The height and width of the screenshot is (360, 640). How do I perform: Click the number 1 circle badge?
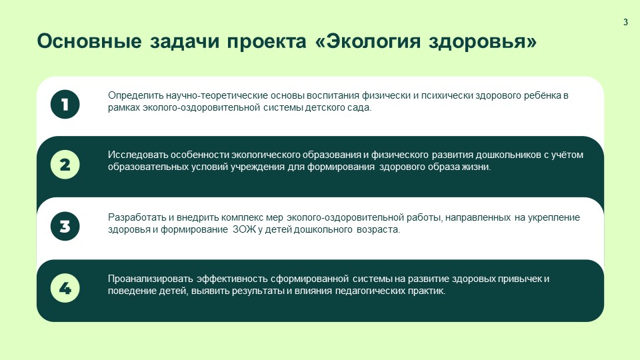[x=65, y=105]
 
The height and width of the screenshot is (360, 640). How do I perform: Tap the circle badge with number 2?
[x=65, y=165]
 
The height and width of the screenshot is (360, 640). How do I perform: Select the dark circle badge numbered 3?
[x=65, y=226]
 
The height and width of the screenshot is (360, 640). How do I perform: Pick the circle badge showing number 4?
[x=65, y=288]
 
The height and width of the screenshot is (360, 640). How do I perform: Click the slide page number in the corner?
[x=625, y=23]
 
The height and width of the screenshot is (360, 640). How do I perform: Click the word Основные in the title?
[x=89, y=41]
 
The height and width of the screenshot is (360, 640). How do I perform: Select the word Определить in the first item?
[x=133, y=95]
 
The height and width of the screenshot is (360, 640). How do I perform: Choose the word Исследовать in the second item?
[x=136, y=155]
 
